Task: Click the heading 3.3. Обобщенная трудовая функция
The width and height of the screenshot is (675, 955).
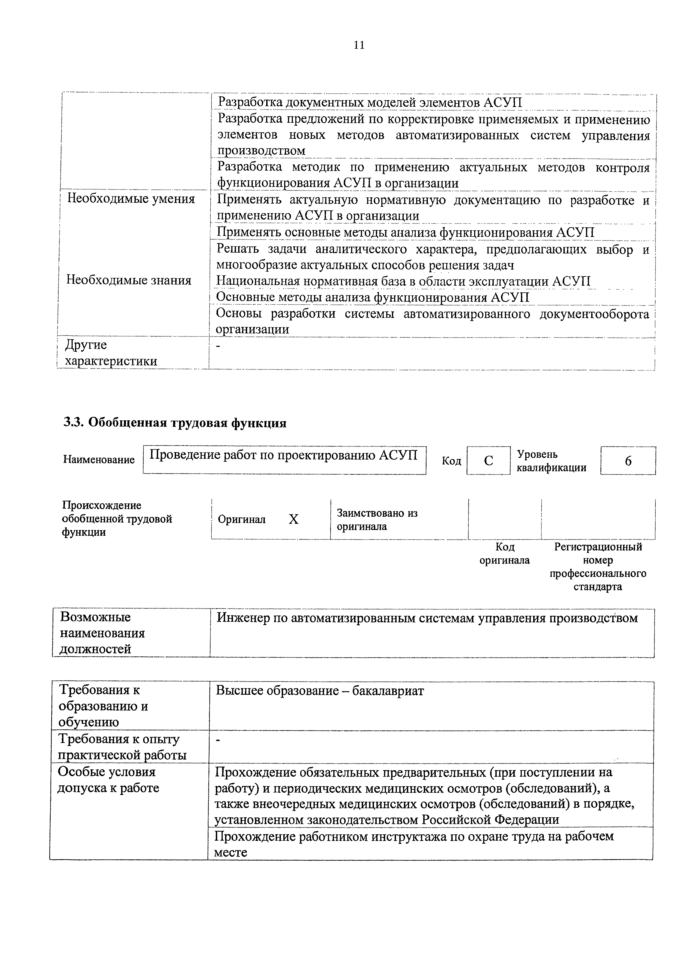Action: (175, 423)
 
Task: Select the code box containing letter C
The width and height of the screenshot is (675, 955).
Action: (488, 460)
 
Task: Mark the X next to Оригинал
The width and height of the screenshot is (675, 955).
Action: (294, 519)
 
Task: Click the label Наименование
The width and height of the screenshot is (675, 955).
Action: (99, 460)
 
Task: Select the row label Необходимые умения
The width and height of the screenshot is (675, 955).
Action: (131, 199)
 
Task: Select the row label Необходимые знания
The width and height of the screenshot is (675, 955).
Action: (129, 280)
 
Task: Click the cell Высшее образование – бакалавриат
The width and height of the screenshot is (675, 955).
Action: (320, 691)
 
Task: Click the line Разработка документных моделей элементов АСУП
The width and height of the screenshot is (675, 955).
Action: (370, 102)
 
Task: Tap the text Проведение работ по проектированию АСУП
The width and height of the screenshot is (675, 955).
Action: (283, 455)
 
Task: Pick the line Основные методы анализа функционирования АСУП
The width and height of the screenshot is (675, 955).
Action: (373, 297)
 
